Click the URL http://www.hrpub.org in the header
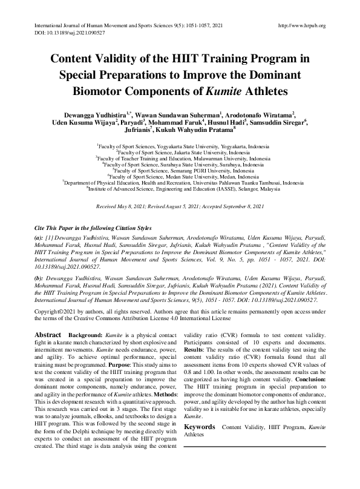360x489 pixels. pyautogui.click(x=301, y=25)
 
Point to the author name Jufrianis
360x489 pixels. pyautogui.click(x=138, y=130)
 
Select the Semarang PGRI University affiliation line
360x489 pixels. pyautogui.click(x=180, y=170)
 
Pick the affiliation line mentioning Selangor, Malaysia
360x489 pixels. pyautogui.click(x=180, y=188)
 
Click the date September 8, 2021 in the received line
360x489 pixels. pyautogui.click(x=244, y=207)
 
